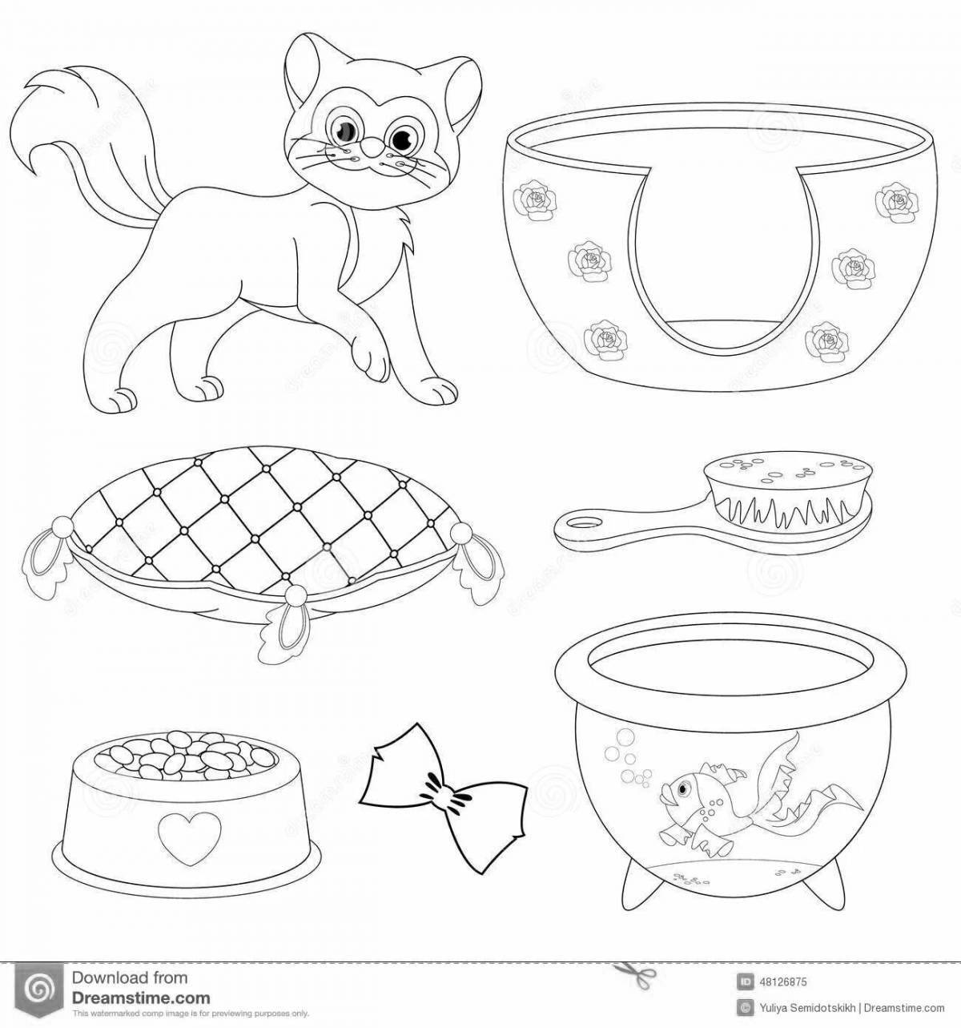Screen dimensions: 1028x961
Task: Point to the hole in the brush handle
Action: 581,523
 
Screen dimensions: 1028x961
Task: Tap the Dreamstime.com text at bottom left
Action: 140,998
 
